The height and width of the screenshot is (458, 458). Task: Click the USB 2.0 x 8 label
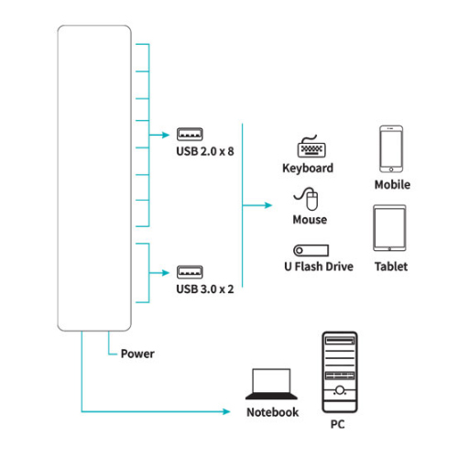[x=205, y=151]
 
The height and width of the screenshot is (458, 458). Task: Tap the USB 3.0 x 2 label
[x=205, y=289]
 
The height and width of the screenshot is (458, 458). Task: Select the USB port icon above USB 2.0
[x=190, y=134]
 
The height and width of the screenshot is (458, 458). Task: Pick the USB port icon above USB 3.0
[x=190, y=272]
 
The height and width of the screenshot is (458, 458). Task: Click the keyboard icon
[x=311, y=147]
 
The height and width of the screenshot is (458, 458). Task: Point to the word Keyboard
[x=308, y=169]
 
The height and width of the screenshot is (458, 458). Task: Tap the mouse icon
[x=307, y=199]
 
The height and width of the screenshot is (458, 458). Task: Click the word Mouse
[x=310, y=220]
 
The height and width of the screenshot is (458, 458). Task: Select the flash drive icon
[x=311, y=250]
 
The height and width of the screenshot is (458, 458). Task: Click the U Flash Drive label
[x=319, y=267]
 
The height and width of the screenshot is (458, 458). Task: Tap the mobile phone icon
[x=391, y=149]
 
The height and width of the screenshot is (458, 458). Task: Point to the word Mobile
[x=392, y=184]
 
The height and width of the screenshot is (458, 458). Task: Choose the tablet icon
[x=389, y=228]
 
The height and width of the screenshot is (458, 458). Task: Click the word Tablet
[x=391, y=267]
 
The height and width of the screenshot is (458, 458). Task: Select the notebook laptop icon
[x=271, y=384]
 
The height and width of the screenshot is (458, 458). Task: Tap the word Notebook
[x=273, y=412]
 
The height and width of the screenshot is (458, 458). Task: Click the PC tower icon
[x=340, y=372]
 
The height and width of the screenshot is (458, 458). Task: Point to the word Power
[x=137, y=354]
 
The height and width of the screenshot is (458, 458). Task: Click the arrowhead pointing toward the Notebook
[x=226, y=411]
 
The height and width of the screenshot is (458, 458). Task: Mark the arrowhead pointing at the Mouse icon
[x=268, y=205]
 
